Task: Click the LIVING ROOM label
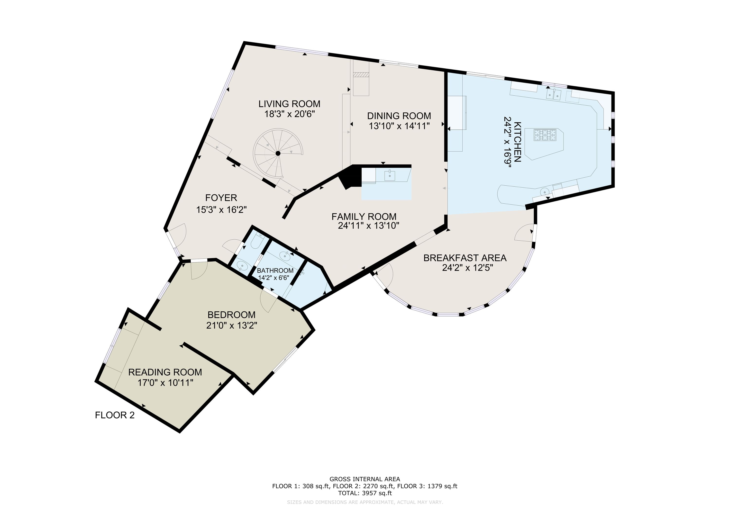(289, 104)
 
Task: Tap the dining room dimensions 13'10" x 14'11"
(399, 126)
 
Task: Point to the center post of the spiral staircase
(278, 154)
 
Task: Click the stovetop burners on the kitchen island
(545, 135)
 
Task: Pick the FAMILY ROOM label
(364, 217)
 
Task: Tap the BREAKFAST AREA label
(465, 258)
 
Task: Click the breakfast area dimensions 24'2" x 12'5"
(467, 268)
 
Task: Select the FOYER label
(221, 198)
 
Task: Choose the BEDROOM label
(231, 315)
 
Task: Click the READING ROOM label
(165, 372)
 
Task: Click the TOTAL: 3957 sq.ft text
(365, 493)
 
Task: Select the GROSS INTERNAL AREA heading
(365, 479)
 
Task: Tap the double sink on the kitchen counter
(554, 95)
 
